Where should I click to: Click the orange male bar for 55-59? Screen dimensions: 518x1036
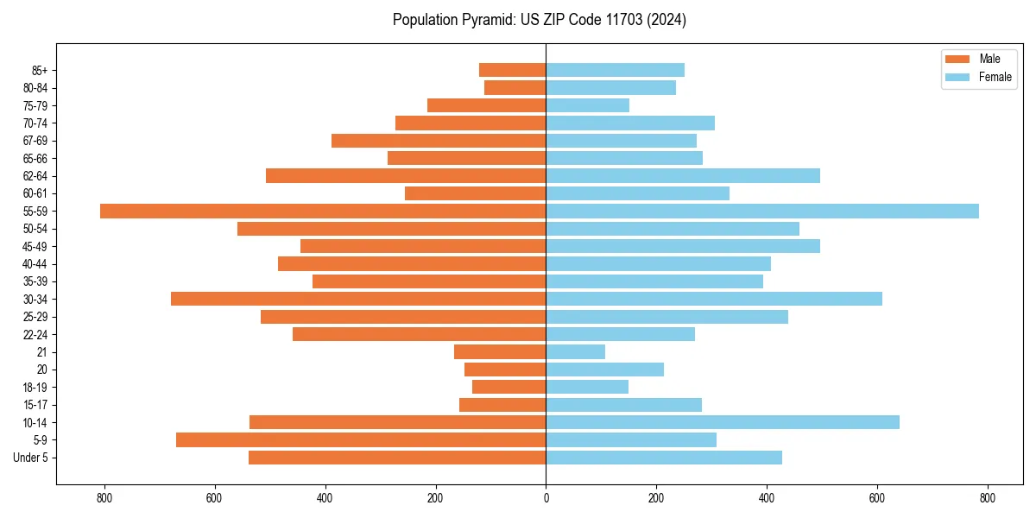pyautogui.click(x=323, y=211)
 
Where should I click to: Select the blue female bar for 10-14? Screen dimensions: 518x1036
pyautogui.click(x=723, y=422)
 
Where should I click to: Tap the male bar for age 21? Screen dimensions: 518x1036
pyautogui.click(x=500, y=351)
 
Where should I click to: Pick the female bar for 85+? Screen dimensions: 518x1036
pyautogui.click(x=615, y=70)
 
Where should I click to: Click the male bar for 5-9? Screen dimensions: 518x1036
pyautogui.click(x=361, y=439)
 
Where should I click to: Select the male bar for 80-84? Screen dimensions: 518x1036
pyautogui.click(x=515, y=87)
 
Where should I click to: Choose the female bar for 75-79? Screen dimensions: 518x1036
pyautogui.click(x=587, y=105)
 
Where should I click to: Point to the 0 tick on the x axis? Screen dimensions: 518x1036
pyautogui.click(x=546, y=498)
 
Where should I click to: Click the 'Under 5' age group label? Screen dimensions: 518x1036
pyautogui.click(x=31, y=458)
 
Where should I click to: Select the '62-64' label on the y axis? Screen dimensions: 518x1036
pyautogui.click(x=35, y=175)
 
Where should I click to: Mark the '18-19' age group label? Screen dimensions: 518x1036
pyautogui.click(x=35, y=387)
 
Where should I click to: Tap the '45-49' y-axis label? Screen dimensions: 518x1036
pyautogui.click(x=35, y=246)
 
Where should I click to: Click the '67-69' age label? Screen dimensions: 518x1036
pyautogui.click(x=35, y=141)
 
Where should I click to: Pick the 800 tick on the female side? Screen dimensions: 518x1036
pyautogui.click(x=988, y=498)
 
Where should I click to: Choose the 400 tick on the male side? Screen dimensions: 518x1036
pyautogui.click(x=325, y=498)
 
